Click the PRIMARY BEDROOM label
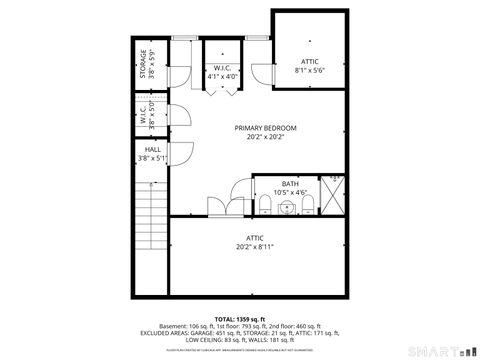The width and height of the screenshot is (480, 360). pyautogui.click(x=265, y=128)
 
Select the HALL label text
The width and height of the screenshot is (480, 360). pyautogui.click(x=152, y=149)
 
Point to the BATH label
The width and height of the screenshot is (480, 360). pyautogui.click(x=289, y=184)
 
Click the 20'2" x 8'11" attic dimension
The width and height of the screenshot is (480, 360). pyautogui.click(x=255, y=246)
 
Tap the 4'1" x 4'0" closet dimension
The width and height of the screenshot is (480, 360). pyautogui.click(x=222, y=76)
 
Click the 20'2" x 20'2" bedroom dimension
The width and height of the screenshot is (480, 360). pyautogui.click(x=265, y=138)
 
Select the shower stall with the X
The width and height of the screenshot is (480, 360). pyautogui.click(x=334, y=195)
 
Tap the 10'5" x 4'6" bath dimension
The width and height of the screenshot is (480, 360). pyautogui.click(x=289, y=193)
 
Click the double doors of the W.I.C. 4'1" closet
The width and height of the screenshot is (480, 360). pyautogui.click(x=222, y=90)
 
